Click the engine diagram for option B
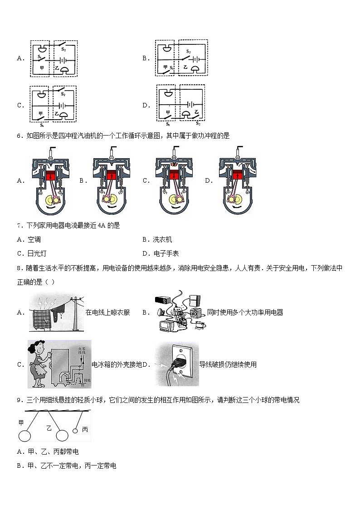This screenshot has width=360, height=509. click(112, 180)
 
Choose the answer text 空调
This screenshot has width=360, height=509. click(34, 240)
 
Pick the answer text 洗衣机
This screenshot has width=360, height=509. click(163, 240)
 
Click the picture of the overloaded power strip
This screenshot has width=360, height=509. click(179, 312)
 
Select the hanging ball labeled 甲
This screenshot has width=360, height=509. click(24, 436)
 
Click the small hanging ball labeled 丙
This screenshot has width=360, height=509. click(75, 431)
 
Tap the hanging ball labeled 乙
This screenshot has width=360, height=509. click(62, 436)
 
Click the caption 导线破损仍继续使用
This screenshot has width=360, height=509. click(228, 364)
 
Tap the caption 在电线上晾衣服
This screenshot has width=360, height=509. click(107, 312)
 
